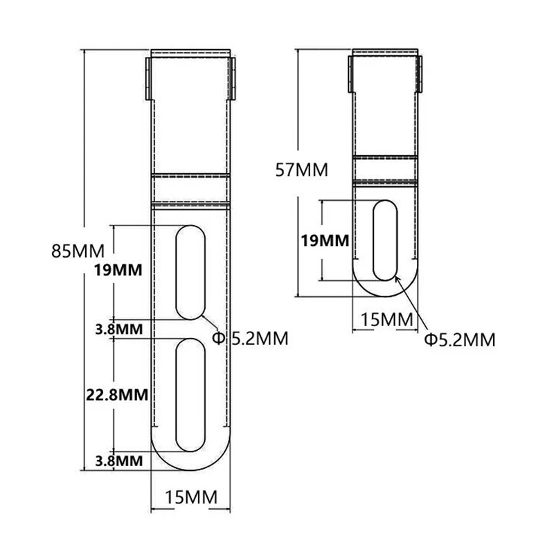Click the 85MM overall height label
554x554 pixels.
pos(78,250)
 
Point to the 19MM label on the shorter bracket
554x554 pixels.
pos(325,241)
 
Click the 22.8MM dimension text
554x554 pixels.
pos(117,395)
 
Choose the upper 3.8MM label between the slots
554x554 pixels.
pos(119,328)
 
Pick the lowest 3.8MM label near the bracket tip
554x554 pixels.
pos(119,460)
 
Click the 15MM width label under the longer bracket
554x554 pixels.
pos(190,497)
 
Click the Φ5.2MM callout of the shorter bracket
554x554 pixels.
pos(459,339)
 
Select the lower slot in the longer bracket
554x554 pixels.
pos(190,394)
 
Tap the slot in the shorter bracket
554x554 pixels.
pos(385,240)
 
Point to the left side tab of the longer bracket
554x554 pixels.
pos(148,78)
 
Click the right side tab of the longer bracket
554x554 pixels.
pos(233,78)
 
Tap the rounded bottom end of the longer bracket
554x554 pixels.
pos(190,463)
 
